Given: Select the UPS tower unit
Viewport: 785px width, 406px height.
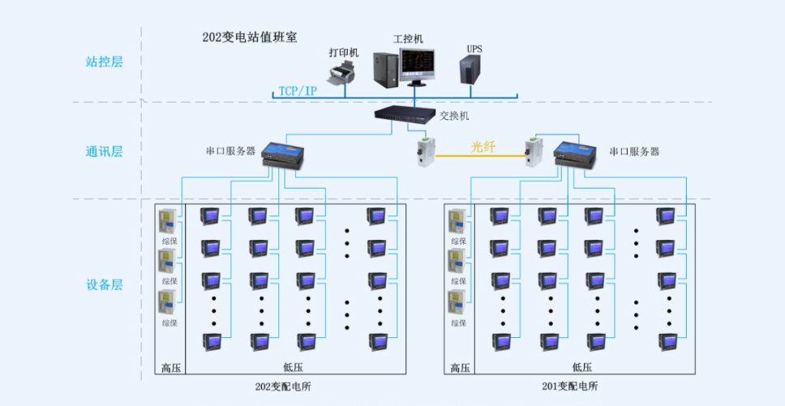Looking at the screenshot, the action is pos(472,69).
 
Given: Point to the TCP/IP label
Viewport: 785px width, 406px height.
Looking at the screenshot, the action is pos(298,91).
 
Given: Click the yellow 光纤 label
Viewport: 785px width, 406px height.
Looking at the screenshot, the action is pos(483,147).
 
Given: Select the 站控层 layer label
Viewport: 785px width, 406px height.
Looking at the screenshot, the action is pos(104,62).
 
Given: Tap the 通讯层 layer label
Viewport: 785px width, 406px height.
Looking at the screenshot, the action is pos(104,152).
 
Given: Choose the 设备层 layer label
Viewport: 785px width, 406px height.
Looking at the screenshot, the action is pos(104,285).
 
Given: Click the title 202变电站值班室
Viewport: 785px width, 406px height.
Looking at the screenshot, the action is pos(249,37).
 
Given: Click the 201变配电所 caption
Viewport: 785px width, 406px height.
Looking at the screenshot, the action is pos(569,387).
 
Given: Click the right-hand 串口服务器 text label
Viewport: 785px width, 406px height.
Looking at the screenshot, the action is pos(634,152).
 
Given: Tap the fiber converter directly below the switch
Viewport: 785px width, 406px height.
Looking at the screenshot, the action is pos(426,151).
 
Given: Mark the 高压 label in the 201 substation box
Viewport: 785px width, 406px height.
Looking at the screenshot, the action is pos(461,368).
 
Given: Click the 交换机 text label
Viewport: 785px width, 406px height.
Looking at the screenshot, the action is pos(454,116).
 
